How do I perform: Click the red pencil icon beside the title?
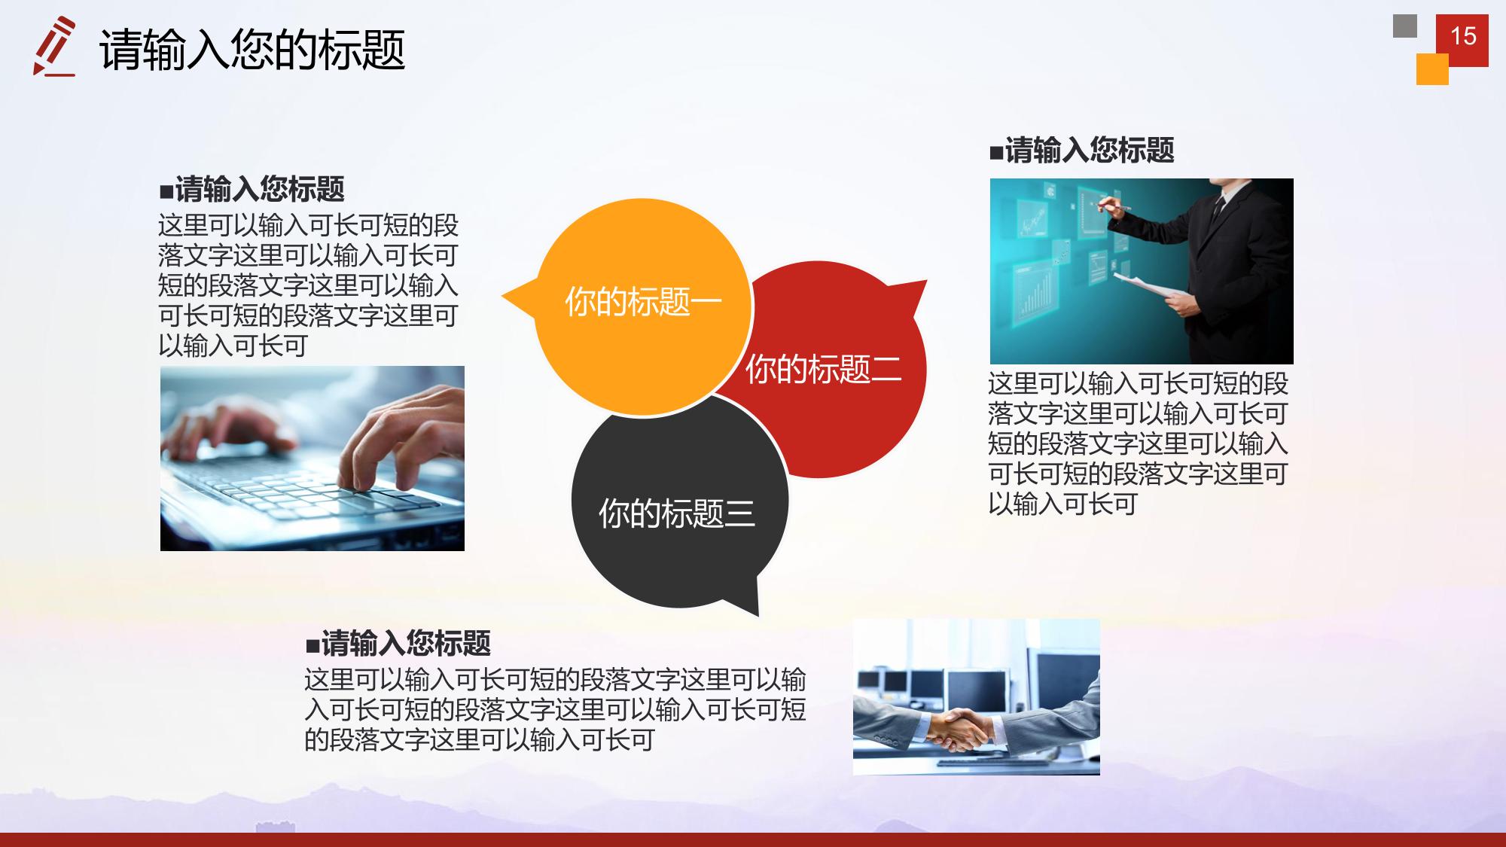tap(54, 46)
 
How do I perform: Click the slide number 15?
tap(1463, 35)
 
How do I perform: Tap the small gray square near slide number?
tap(1405, 26)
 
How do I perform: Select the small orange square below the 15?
tap(1432, 69)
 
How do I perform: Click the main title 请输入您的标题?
tap(252, 50)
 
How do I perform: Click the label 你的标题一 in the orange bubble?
tap(643, 301)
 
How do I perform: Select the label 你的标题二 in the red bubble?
tap(823, 369)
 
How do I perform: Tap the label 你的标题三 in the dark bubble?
tap(676, 513)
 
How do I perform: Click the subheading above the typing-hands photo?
tap(252, 189)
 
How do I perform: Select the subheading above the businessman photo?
tap(1081, 150)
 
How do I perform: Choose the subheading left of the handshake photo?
tap(398, 644)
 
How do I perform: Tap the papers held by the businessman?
tap(1148, 291)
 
